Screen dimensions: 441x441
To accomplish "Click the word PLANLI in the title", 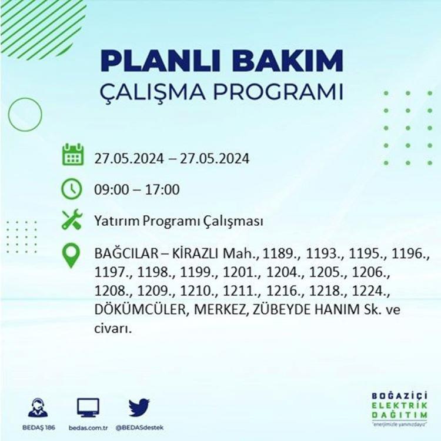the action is pos(160,61).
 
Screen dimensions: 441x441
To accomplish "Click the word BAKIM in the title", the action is pos(287,61).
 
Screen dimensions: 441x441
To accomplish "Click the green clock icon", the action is pos(72,189).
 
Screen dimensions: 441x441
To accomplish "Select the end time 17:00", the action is pos(162,189).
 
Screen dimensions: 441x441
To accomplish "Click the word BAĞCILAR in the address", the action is pos(126,253).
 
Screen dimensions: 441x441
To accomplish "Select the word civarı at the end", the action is pos(113,328).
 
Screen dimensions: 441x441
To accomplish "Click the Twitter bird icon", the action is pos(139,407).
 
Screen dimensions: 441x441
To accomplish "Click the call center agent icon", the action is pos(38,407).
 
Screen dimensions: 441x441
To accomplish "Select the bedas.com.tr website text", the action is pos(88,428).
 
